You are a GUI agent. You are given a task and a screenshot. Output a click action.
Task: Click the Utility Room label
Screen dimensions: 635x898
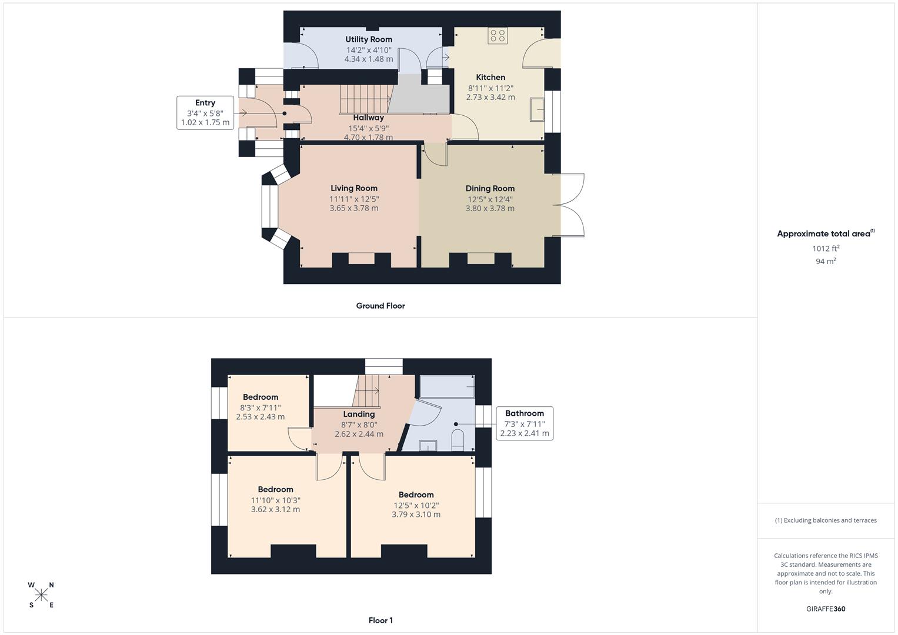pyautogui.click(x=369, y=39)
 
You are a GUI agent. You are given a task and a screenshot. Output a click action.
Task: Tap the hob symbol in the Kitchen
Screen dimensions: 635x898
pyautogui.click(x=498, y=36)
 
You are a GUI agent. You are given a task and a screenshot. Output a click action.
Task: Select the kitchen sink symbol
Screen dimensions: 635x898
pyautogui.click(x=537, y=109)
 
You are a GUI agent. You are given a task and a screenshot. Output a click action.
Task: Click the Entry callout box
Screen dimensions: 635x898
pyautogui.click(x=205, y=112)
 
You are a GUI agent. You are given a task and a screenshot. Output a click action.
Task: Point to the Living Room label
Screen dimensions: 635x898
pyautogui.click(x=354, y=188)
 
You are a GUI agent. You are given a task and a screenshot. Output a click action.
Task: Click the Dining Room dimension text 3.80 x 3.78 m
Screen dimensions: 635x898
pyautogui.click(x=490, y=208)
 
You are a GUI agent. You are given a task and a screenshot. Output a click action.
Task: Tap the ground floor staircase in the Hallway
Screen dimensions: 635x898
pyautogui.click(x=365, y=98)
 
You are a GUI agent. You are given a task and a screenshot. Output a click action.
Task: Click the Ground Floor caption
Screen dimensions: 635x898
pyautogui.click(x=380, y=306)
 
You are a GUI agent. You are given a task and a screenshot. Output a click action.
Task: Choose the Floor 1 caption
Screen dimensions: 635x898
pyautogui.click(x=380, y=620)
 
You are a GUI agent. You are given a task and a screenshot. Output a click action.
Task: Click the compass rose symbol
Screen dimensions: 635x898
pyautogui.click(x=41, y=595)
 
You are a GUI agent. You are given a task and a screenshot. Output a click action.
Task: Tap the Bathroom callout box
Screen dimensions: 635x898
pyautogui.click(x=525, y=423)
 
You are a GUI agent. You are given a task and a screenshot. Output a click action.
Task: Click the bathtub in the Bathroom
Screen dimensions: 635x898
pyautogui.click(x=447, y=386)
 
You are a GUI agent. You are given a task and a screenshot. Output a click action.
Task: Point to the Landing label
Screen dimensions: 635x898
pyautogui.click(x=359, y=414)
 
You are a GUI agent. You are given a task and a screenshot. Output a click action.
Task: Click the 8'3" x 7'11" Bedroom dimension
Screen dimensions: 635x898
pyautogui.click(x=261, y=407)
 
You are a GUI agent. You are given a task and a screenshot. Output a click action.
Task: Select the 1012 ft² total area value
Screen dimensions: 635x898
pyautogui.click(x=826, y=248)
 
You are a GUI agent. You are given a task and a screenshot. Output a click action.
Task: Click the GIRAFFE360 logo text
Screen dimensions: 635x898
pyautogui.click(x=826, y=609)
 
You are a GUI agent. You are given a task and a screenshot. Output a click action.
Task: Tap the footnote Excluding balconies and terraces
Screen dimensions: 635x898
pyautogui.click(x=826, y=520)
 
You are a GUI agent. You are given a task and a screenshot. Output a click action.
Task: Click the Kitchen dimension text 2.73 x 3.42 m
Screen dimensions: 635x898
pyautogui.click(x=490, y=97)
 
